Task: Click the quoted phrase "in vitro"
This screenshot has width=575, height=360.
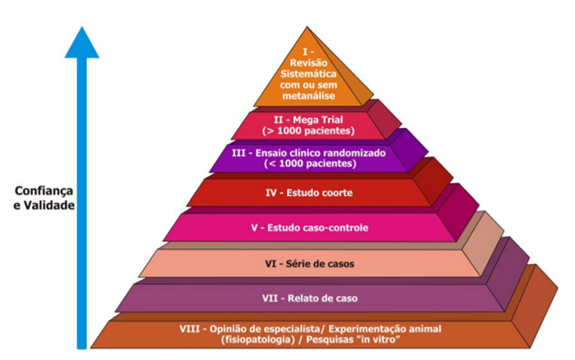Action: (x=385, y=340)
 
